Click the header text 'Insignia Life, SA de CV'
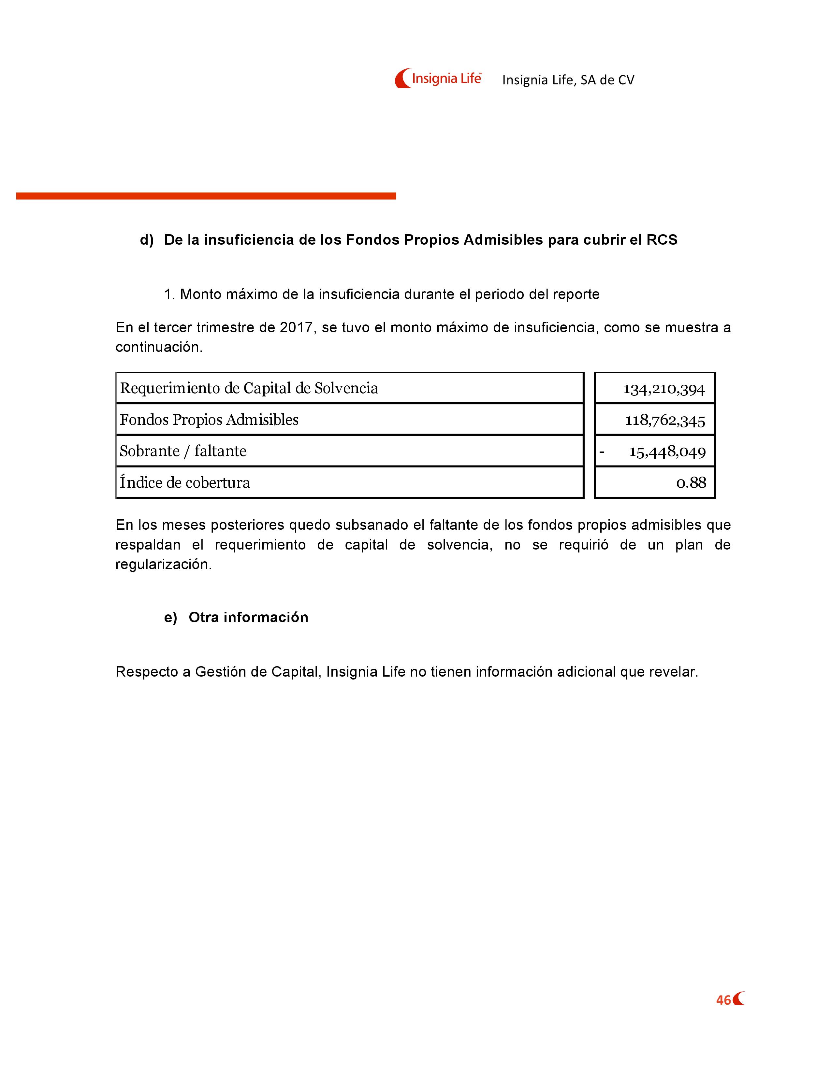(568, 80)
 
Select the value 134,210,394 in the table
(664, 389)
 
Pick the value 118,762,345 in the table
(665, 420)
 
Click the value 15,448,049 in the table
(667, 452)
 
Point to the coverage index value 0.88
(691, 483)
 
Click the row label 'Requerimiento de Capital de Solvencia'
(249, 388)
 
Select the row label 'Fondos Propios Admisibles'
(209, 420)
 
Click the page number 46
(723, 1000)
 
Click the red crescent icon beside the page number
(738, 999)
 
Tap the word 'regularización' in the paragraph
(163, 565)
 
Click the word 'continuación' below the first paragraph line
(158, 348)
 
